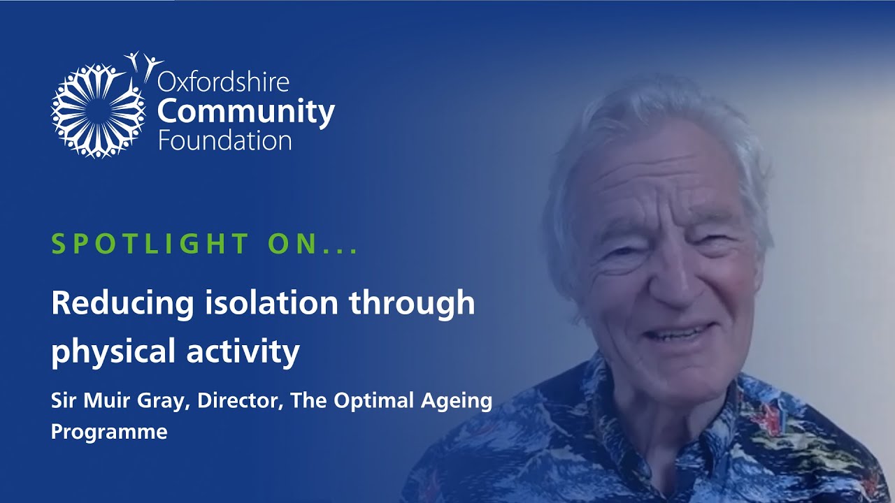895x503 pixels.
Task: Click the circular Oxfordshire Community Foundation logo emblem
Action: (98, 110)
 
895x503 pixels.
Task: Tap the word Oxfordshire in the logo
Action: (224, 82)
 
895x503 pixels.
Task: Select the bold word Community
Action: (246, 112)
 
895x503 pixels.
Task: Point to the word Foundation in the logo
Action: (224, 140)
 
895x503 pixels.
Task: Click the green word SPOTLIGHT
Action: (150, 244)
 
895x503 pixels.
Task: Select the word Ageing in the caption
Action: (461, 402)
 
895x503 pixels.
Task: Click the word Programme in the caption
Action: (109, 432)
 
